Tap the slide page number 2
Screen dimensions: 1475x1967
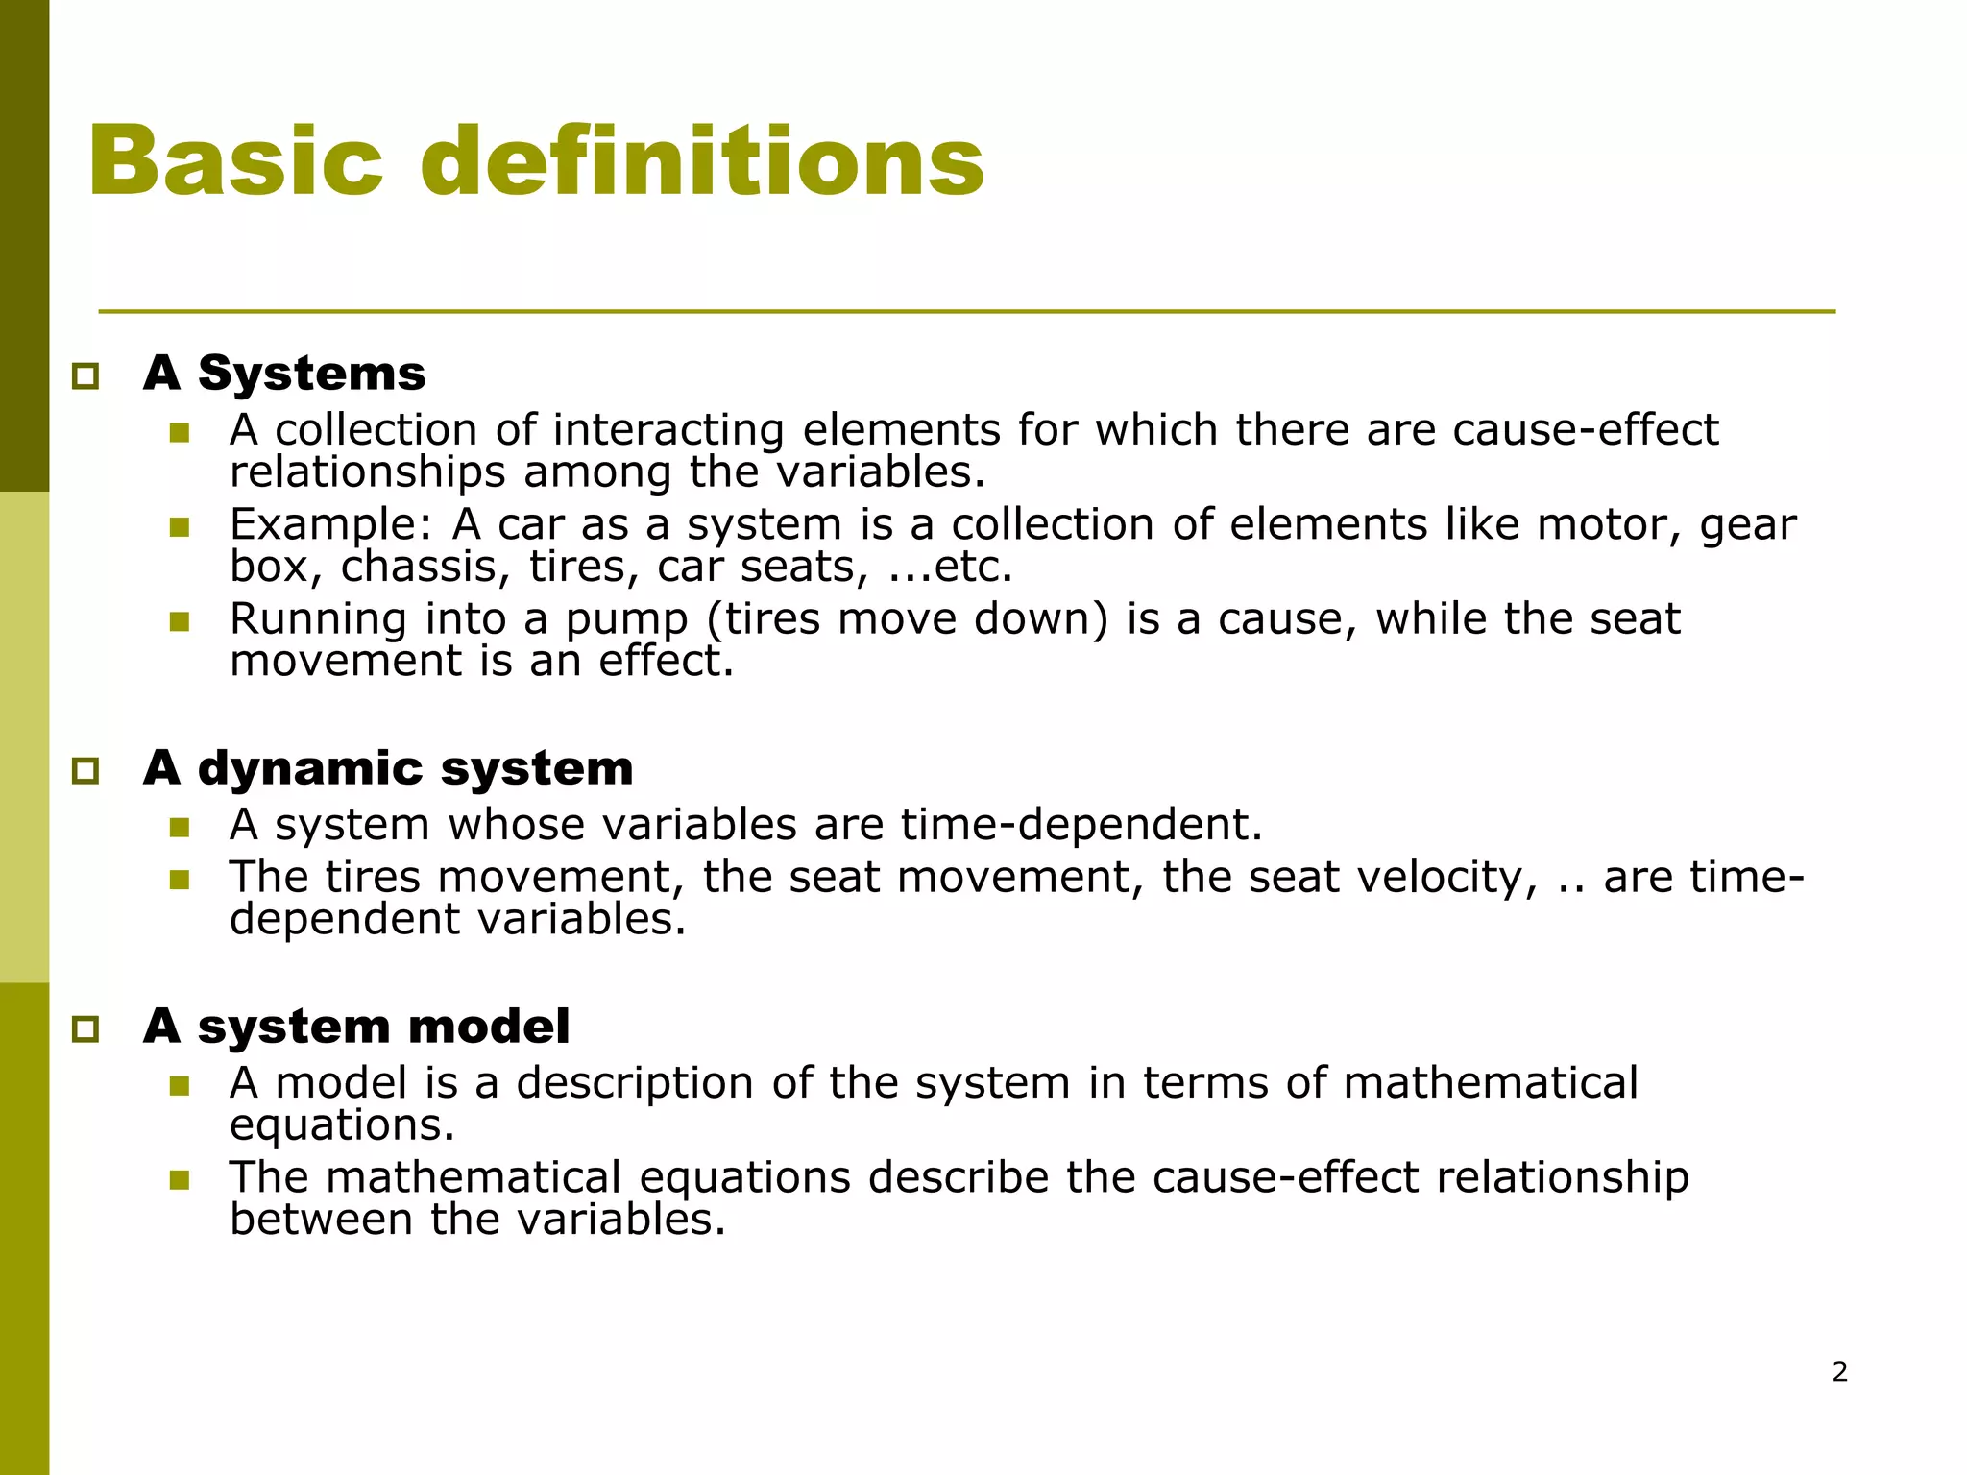tap(1839, 1371)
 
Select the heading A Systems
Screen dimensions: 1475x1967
tap(284, 373)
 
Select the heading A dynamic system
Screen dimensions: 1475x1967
tap(388, 768)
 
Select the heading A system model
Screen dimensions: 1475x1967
tap(356, 1027)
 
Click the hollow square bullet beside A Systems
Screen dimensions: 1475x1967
tap(85, 375)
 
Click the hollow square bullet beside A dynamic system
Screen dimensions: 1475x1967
tap(85, 770)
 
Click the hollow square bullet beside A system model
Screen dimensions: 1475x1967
tap(85, 1029)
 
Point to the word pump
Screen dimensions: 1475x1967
tap(626, 619)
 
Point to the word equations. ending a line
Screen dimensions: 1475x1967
tap(342, 1125)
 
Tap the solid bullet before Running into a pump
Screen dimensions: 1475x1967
tap(180, 621)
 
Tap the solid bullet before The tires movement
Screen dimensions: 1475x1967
tap(180, 880)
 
